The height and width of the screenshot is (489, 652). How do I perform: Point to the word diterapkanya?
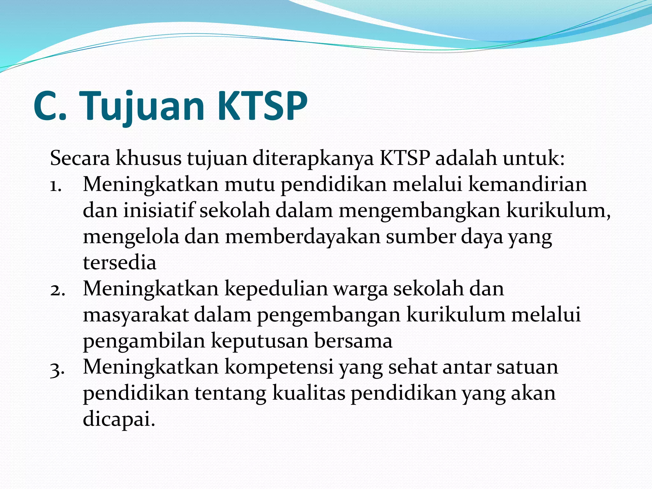pos(313,159)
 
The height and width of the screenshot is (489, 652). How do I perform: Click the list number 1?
pos(55,185)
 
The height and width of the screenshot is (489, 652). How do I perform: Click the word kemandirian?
pos(528,184)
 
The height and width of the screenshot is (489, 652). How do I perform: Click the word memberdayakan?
pos(303,237)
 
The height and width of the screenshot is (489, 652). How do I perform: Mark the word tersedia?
pos(120,263)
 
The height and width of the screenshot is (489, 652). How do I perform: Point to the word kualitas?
pos(309,393)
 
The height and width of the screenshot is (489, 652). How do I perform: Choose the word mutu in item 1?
pos(250,184)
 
